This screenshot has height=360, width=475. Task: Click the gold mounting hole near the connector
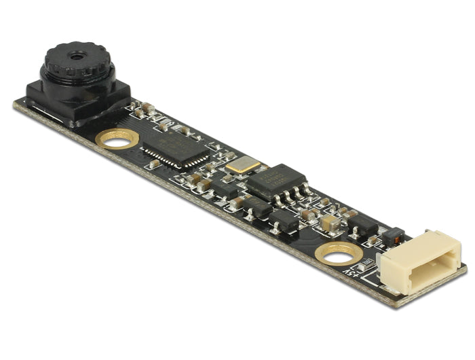(339, 253)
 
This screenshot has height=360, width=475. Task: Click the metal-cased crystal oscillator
(243, 164)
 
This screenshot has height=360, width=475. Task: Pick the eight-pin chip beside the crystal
(275, 181)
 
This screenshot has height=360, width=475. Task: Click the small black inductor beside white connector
(393, 235)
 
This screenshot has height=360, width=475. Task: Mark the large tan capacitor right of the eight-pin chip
(331, 221)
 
